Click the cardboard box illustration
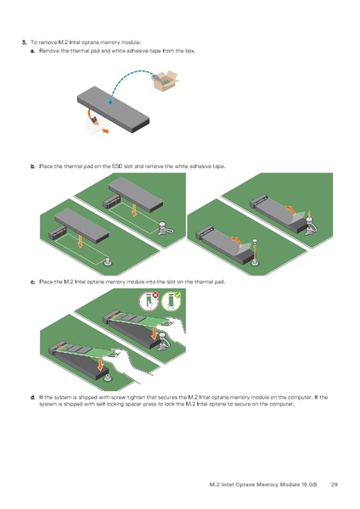click(165, 81)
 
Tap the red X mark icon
click(155, 295)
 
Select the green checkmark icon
click(177, 295)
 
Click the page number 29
click(334, 484)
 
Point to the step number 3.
click(24, 42)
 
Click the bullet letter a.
click(32, 51)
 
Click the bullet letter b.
click(32, 166)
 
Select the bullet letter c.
click(32, 282)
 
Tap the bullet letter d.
click(32, 397)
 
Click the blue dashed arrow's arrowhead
click(110, 102)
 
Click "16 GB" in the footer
click(309, 484)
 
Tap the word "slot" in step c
click(172, 282)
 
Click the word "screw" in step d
click(118, 397)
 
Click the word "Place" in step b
click(46, 166)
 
